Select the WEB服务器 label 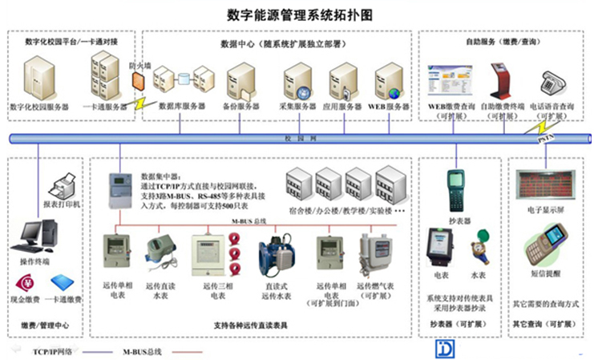point(388,107)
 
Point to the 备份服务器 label point(240,107)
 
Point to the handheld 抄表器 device point(458,191)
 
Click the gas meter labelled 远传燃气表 point(374,255)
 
